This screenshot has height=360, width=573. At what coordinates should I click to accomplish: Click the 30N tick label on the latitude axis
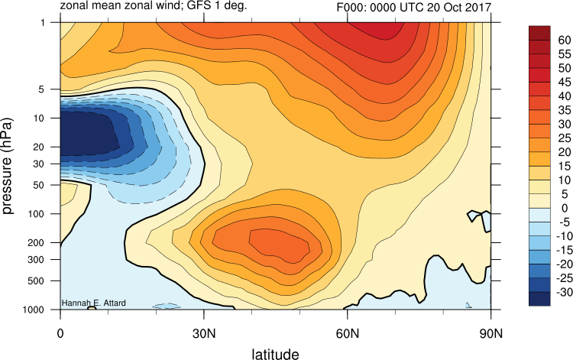[x=203, y=333]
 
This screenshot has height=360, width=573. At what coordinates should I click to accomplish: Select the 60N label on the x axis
[x=347, y=333]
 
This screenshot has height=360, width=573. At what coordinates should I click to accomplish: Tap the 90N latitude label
[x=490, y=333]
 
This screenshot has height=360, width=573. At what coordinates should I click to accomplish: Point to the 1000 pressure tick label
[x=34, y=310]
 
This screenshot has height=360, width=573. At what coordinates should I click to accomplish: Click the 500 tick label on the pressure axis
[x=36, y=281]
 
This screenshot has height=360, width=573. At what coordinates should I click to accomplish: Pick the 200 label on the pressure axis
[x=36, y=243]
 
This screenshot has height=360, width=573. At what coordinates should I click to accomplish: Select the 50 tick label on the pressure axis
[x=39, y=185]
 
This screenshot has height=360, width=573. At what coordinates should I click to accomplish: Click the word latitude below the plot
[x=275, y=354]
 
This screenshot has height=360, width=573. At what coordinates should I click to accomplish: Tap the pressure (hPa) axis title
[x=8, y=166]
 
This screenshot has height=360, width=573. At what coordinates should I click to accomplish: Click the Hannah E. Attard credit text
[x=93, y=303]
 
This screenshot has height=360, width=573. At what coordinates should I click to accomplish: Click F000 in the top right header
[x=351, y=8]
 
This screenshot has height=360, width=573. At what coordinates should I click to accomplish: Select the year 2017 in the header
[x=477, y=8]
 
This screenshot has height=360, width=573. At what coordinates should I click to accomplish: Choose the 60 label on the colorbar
[x=565, y=41]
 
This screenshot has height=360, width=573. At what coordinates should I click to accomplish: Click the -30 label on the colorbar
[x=564, y=293]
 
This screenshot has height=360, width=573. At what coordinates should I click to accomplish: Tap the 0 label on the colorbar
[x=565, y=209]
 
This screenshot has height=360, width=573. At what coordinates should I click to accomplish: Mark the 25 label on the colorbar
[x=565, y=138]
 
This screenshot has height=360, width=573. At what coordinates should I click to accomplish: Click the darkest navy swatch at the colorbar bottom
[x=539, y=299]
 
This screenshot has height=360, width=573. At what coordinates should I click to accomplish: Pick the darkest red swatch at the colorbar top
[x=539, y=33]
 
